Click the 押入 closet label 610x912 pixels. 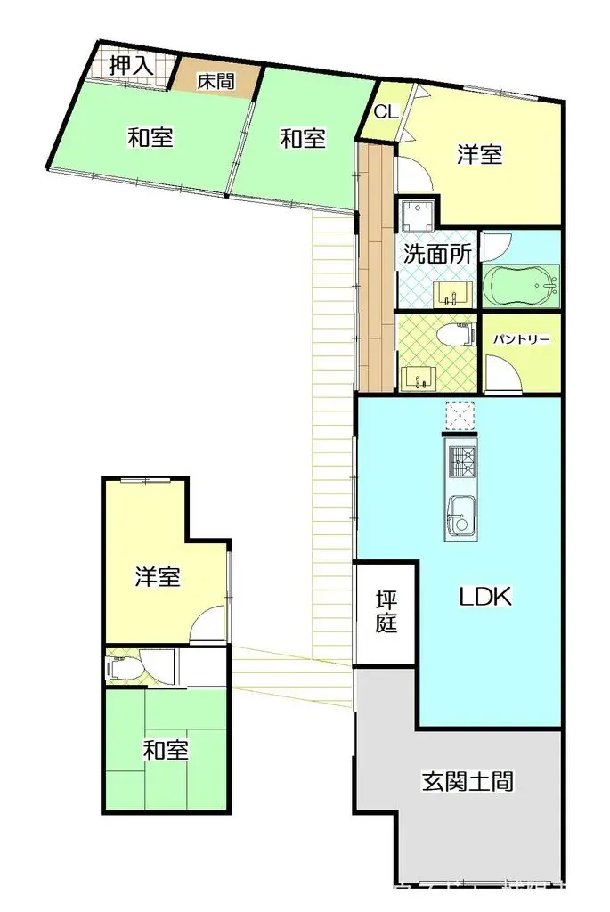click(131, 65)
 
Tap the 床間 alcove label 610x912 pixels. click(216, 81)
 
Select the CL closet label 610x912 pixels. click(385, 111)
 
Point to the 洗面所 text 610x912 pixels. click(436, 253)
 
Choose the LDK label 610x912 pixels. click(485, 597)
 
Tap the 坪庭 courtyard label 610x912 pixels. click(385, 611)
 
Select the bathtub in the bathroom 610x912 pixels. click(520, 285)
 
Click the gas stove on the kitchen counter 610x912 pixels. click(460, 460)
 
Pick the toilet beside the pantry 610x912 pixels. click(455, 337)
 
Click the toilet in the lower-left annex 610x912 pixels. click(122, 667)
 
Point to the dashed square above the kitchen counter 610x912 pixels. click(460, 414)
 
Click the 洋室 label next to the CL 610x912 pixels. click(480, 155)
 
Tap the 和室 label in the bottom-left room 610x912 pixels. click(166, 751)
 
